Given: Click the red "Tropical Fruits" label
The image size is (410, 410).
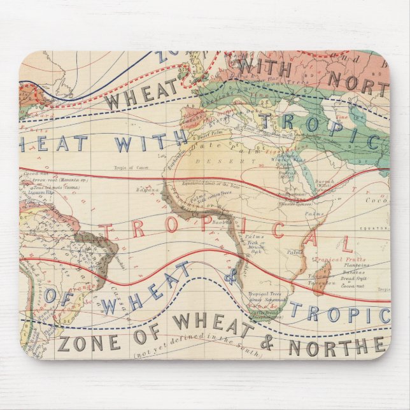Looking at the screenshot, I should point(344,260).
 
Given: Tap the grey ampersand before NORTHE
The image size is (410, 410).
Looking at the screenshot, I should point(267,344).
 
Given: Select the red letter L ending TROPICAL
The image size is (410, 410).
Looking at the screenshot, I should point(345,243).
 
